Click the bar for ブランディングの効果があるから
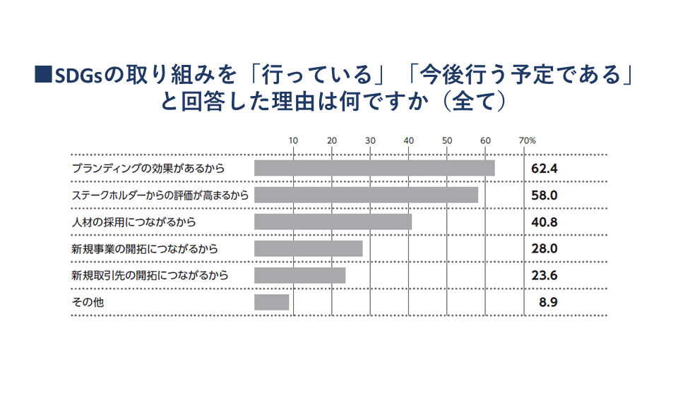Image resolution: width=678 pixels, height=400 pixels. point(374,168)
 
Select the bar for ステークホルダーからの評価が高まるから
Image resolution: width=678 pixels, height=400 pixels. point(366,195)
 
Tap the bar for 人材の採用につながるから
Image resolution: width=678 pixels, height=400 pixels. point(333,222)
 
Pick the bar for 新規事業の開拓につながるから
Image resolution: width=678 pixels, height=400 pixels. point(308,248)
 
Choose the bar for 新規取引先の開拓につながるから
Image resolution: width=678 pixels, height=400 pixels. point(299,275)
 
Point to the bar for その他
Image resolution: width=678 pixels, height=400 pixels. point(271,302)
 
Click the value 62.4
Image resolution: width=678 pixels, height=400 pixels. point(545,169)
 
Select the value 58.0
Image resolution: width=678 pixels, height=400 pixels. point(545,195)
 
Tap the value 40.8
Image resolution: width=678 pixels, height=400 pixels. point(545,222)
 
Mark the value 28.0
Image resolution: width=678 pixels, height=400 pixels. point(545,249)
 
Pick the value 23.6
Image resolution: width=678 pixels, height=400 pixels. point(545,276)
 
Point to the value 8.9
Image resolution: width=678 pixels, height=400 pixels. point(547,303)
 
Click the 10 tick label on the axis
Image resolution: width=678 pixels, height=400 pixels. point(293,140)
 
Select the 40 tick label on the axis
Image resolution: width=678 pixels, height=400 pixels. point(408,140)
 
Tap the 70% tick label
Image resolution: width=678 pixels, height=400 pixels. point(528,140)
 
